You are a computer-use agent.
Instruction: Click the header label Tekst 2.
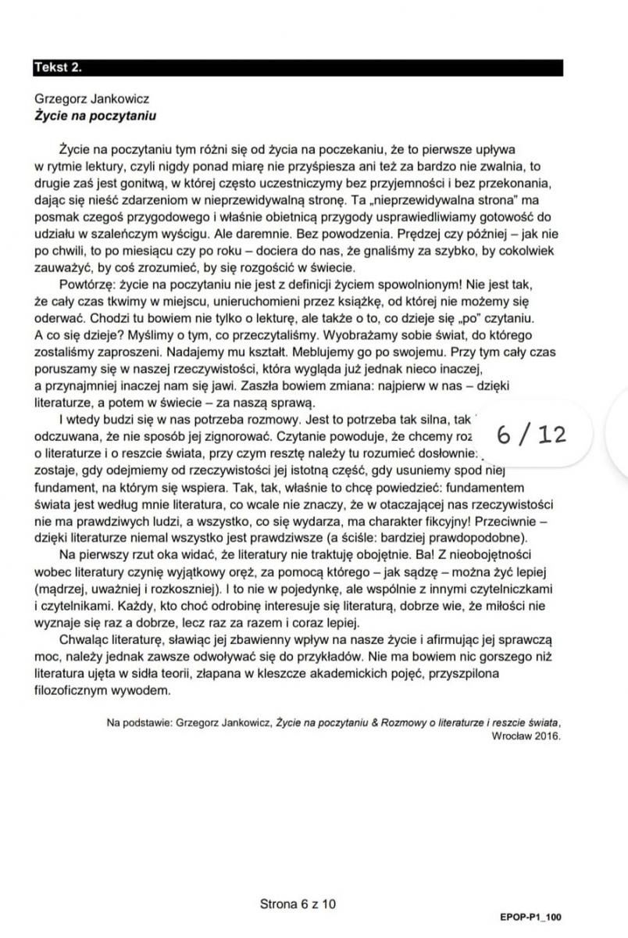click(x=59, y=68)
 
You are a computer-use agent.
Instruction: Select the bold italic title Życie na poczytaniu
click(x=95, y=115)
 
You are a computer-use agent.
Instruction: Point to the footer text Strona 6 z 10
click(x=298, y=904)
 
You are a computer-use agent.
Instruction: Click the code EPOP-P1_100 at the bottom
click(x=530, y=917)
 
